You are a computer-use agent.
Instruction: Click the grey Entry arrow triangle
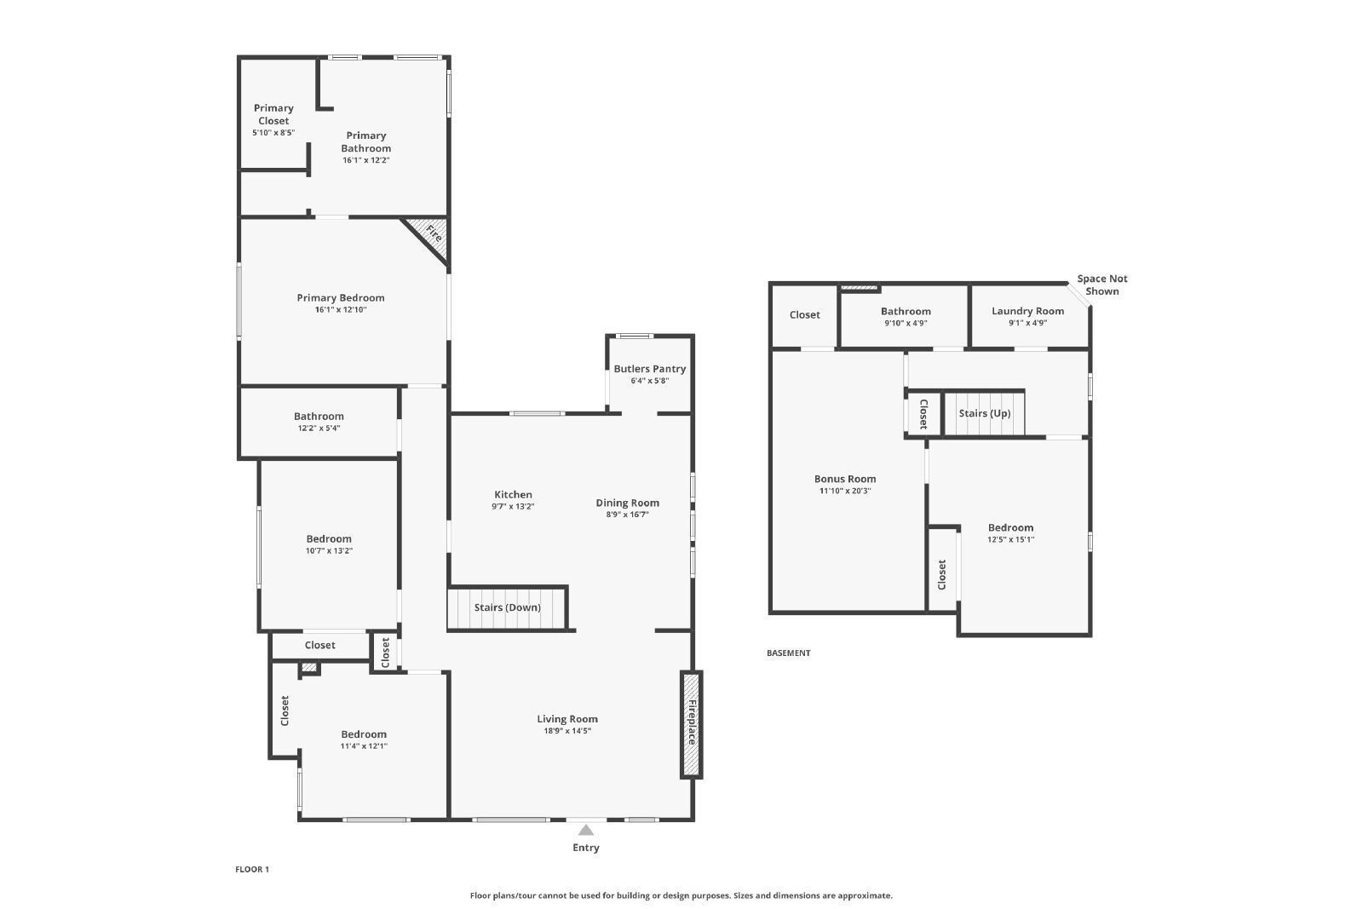(x=585, y=830)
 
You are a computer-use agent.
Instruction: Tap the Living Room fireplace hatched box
(x=691, y=724)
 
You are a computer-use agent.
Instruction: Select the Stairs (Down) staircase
(x=508, y=607)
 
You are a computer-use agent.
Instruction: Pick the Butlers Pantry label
(x=649, y=369)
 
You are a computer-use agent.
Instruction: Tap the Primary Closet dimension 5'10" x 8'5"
(x=273, y=133)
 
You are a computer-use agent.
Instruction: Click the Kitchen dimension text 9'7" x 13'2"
(x=513, y=506)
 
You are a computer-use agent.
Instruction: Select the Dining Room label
(x=627, y=503)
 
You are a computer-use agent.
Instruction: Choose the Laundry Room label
(x=1027, y=311)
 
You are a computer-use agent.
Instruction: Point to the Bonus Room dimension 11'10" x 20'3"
(x=845, y=491)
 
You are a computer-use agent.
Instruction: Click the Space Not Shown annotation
(x=1102, y=285)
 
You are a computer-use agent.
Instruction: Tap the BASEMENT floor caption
(x=789, y=653)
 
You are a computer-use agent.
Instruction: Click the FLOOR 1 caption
(x=252, y=869)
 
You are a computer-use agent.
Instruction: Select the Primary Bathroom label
(x=365, y=141)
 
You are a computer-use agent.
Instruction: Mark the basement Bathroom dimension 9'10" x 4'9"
(x=906, y=323)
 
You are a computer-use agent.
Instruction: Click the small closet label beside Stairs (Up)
(x=923, y=414)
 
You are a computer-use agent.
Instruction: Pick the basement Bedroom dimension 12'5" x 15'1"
(x=1010, y=539)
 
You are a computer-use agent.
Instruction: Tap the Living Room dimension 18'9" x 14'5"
(x=567, y=731)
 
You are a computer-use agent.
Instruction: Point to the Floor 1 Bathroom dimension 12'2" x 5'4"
(x=319, y=428)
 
